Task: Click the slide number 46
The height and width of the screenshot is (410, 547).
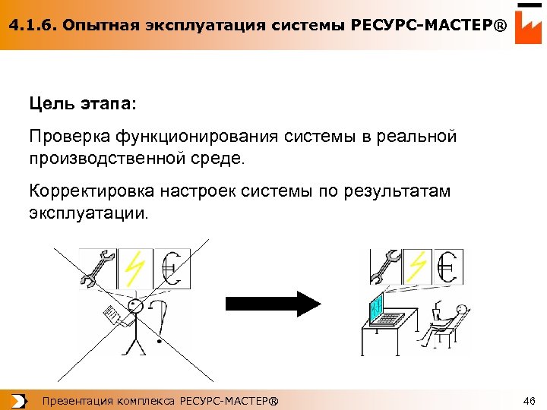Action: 530,400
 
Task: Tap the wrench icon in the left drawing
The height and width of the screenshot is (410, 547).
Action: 98,269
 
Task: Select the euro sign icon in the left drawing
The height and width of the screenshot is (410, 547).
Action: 172,269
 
